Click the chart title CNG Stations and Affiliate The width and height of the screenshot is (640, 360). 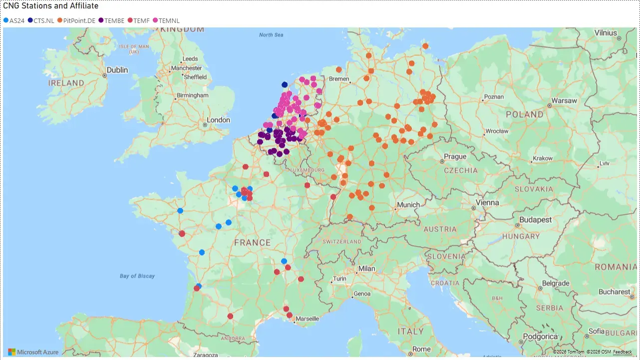pyautogui.click(x=50, y=6)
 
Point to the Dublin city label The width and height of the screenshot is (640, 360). pyautogui.click(x=117, y=70)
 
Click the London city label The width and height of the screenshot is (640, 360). pyautogui.click(x=219, y=120)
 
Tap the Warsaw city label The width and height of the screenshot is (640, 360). pyautogui.click(x=564, y=100)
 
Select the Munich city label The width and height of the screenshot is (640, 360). pyautogui.click(x=408, y=205)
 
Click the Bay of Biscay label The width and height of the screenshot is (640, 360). pyautogui.click(x=137, y=276)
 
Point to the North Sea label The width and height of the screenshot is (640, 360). pyautogui.click(x=271, y=35)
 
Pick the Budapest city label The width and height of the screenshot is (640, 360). pyautogui.click(x=535, y=220)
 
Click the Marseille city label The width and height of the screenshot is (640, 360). pyautogui.click(x=307, y=319)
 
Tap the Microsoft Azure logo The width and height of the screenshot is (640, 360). pyautogui.click(x=33, y=352)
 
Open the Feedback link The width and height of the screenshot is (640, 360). pyautogui.click(x=622, y=352)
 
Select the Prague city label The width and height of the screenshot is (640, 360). pyautogui.click(x=455, y=156)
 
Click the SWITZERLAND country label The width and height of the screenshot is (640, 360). pyautogui.click(x=342, y=242)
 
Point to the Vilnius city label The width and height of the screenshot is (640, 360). pyautogui.click(x=606, y=33)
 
